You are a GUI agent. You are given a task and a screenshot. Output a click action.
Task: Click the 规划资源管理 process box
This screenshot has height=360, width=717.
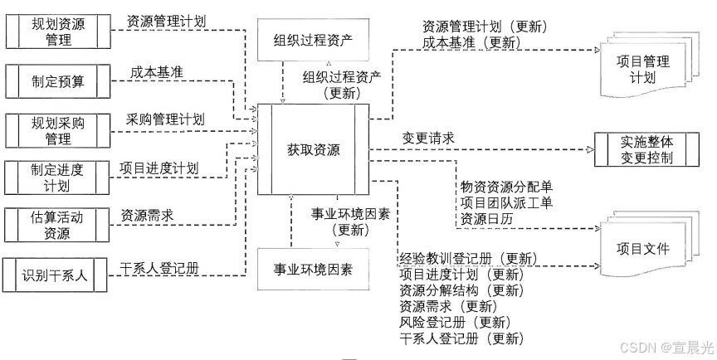click(58, 32)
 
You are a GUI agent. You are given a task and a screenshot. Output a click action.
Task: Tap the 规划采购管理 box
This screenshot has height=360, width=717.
click(58, 129)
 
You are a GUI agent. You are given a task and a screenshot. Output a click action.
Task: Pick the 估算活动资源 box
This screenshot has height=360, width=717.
click(58, 225)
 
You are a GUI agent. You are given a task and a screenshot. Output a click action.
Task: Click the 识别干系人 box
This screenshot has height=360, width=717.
click(58, 275)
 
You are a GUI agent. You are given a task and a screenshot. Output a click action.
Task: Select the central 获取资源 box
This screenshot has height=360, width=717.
click(314, 150)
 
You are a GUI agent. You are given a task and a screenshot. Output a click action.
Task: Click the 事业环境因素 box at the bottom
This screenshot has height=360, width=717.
click(314, 270)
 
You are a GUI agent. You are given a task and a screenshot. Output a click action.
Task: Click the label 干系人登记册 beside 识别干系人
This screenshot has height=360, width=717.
click(159, 267)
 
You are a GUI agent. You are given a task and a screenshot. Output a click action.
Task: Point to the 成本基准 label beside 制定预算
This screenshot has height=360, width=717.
click(157, 72)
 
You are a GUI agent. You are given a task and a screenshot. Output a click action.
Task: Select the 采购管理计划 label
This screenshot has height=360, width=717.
click(165, 119)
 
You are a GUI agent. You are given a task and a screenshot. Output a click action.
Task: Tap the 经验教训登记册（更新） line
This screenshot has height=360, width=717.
click(468, 259)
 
